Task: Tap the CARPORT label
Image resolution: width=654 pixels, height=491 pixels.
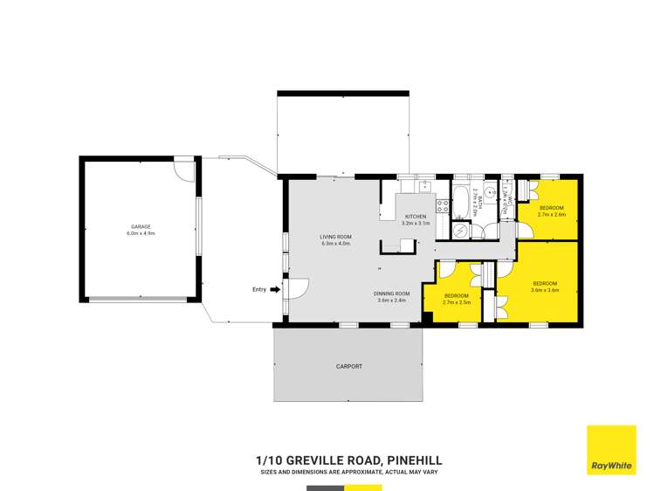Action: coord(348,366)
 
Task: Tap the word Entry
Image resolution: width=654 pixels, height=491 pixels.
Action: coord(258,289)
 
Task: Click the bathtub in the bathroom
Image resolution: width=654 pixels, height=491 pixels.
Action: coord(461,202)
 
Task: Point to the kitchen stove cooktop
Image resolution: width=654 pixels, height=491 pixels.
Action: coord(442,208)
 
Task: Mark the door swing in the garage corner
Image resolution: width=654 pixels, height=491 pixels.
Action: coord(184,170)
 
